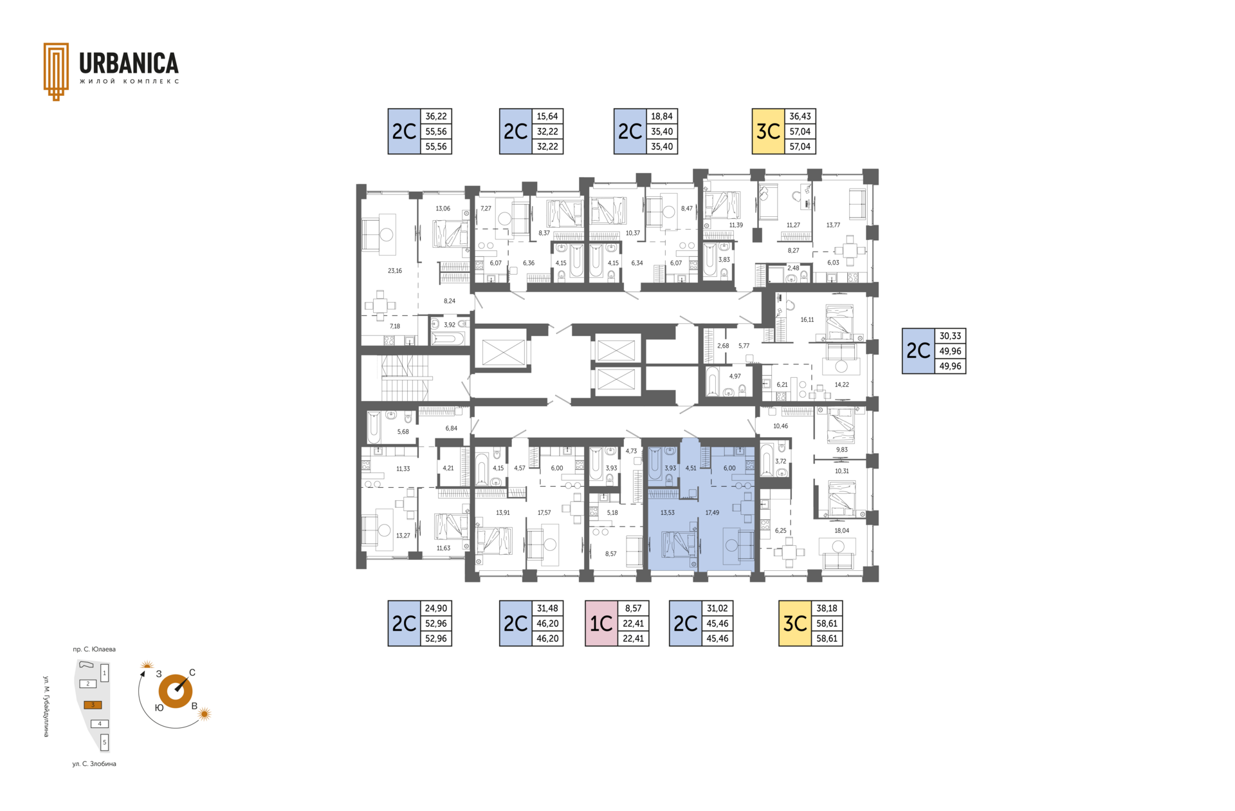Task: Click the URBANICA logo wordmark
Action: point(129,63)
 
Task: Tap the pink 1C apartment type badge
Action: point(601,623)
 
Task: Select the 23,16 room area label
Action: point(394,271)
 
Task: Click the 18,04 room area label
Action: point(841,531)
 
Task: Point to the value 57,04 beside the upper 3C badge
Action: point(800,131)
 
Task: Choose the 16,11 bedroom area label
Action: point(807,320)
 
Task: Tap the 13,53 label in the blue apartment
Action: point(668,513)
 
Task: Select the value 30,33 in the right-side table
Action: point(950,336)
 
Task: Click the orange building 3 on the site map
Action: point(93,705)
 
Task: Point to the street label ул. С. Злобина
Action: point(95,764)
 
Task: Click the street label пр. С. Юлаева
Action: point(95,649)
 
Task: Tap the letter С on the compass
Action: point(192,673)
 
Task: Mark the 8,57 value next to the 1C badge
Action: point(634,608)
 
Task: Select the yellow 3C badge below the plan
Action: point(795,623)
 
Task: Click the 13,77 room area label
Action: point(833,225)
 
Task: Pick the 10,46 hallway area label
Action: point(780,426)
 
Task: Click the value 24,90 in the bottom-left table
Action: point(436,608)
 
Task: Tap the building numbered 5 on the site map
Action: point(105,742)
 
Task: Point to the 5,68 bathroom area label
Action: point(403,432)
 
